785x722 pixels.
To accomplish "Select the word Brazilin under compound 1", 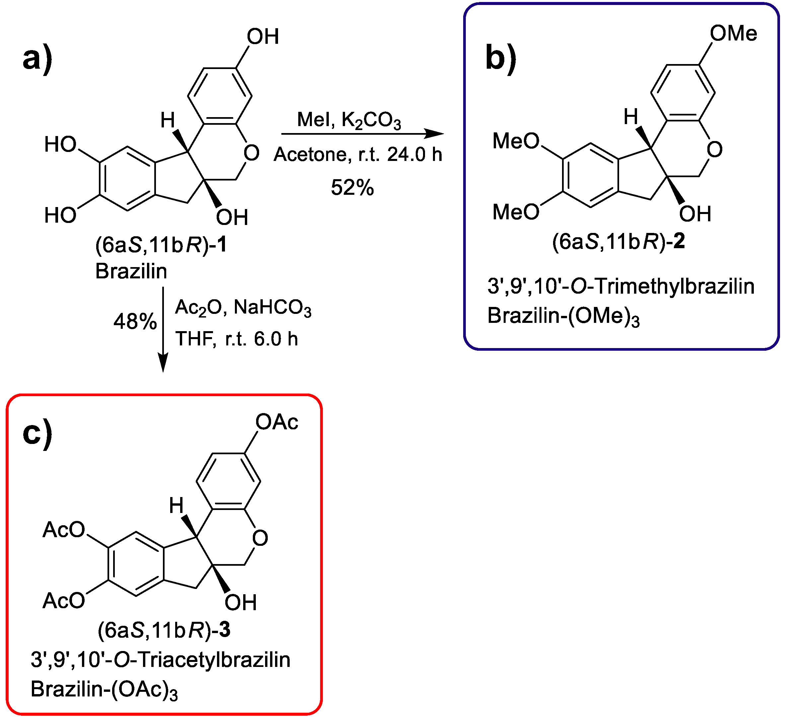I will (x=131, y=271).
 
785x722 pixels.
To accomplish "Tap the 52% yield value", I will (x=352, y=187).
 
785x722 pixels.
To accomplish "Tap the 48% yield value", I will (x=135, y=322).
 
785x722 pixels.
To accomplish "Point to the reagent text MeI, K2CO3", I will (x=349, y=120).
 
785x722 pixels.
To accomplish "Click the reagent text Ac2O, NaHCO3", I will (x=243, y=308).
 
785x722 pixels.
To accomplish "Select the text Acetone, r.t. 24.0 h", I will (x=358, y=155).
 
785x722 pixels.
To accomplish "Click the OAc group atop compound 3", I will (x=277, y=422).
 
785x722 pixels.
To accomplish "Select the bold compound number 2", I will (x=679, y=242).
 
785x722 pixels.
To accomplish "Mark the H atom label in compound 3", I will (x=176, y=506).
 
